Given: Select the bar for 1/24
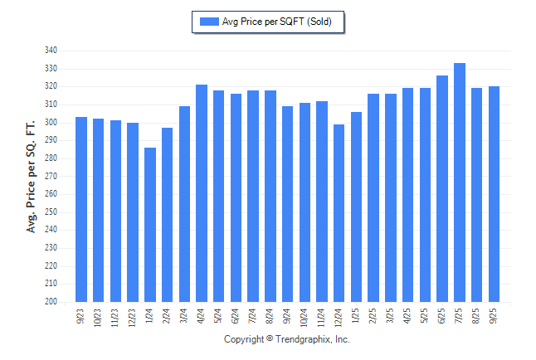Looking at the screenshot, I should (x=150, y=225).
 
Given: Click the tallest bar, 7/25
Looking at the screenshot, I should (x=460, y=182).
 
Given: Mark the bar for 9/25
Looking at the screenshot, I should (x=494, y=194).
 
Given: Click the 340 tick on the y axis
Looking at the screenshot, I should (x=51, y=51).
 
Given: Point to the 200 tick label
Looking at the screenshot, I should (x=51, y=302).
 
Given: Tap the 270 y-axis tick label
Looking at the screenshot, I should (x=51, y=176).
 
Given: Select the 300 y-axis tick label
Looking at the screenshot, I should (x=51, y=123).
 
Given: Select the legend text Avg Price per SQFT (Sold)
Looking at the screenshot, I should (x=277, y=22).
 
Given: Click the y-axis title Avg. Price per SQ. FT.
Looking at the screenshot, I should (x=32, y=175).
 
